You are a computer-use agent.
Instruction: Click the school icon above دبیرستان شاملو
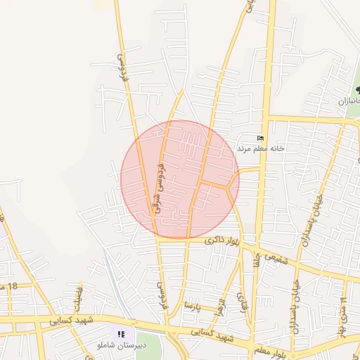pos(121,334)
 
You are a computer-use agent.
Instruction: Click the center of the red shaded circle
pos(180,179)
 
